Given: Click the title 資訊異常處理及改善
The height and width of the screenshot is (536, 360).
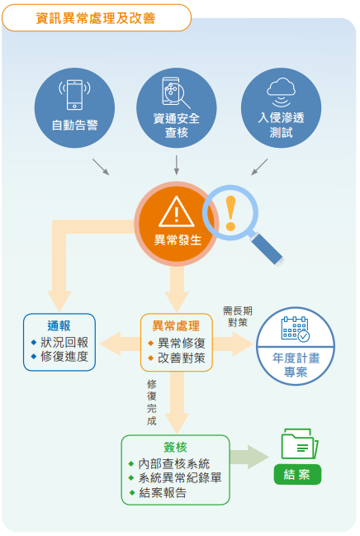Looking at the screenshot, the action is [x=96, y=18].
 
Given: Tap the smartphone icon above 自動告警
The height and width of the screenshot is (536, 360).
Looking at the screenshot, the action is [x=74, y=95].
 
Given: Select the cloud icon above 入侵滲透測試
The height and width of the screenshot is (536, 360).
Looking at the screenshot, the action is [x=281, y=92].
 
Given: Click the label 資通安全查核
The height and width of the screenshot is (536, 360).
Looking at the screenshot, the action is [x=177, y=126].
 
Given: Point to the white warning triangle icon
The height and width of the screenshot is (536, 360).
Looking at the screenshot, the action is [x=177, y=211].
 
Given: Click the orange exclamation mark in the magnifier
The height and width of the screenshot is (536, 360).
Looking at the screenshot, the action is [x=230, y=213].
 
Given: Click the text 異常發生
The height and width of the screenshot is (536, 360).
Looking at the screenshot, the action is [x=178, y=240].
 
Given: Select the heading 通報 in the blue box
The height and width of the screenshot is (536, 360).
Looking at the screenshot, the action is [x=59, y=325].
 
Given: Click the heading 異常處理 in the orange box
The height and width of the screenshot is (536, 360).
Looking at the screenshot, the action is [x=176, y=325].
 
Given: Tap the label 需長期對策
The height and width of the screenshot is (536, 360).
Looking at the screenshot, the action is [x=238, y=316].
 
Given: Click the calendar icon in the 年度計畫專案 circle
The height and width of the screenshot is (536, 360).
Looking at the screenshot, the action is [x=296, y=329].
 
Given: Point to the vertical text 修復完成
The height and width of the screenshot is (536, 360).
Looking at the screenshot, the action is [x=152, y=402].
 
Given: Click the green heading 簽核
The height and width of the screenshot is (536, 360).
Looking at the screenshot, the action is [x=175, y=447].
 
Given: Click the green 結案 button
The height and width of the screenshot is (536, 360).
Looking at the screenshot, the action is [x=297, y=474].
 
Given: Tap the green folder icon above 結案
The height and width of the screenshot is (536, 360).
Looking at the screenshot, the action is [x=300, y=444].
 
